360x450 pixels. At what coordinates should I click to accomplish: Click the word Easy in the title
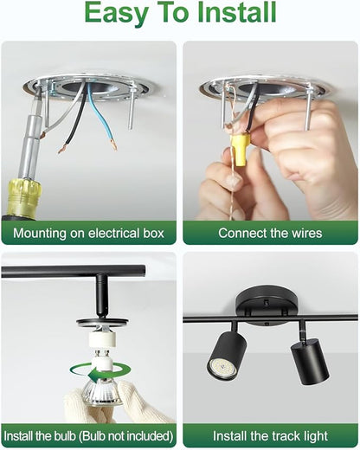(x=117, y=14)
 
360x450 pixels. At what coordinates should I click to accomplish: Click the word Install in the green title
(x=237, y=13)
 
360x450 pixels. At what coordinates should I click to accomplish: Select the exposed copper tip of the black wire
(x=62, y=149)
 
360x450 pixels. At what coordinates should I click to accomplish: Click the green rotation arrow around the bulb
(x=100, y=373)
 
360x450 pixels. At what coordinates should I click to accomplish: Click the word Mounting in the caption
(x=40, y=234)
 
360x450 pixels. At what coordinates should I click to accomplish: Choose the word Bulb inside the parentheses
(x=95, y=436)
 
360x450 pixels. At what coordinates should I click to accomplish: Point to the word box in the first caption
(x=153, y=233)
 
